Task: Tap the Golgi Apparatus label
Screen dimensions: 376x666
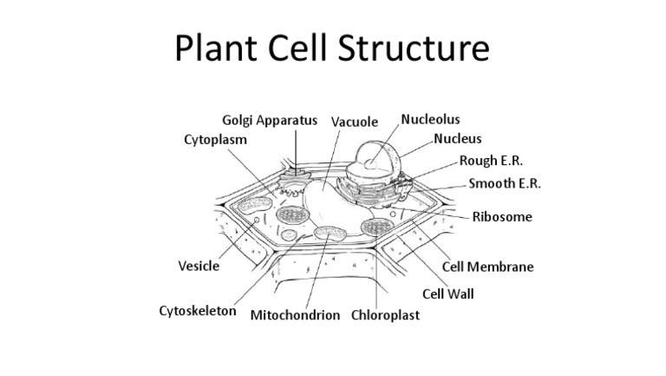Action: click(270, 121)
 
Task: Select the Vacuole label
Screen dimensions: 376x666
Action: click(356, 122)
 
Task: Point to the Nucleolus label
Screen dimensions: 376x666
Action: click(430, 119)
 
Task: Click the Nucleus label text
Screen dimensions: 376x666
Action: click(458, 139)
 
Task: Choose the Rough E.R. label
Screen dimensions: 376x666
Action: click(491, 162)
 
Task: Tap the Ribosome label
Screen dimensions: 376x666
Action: click(502, 217)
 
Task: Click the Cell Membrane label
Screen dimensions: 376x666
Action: click(487, 267)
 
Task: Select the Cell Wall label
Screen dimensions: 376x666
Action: click(447, 294)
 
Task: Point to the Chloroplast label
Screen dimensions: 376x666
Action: click(385, 315)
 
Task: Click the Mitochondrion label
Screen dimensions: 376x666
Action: click(295, 315)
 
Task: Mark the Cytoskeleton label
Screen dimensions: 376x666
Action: click(198, 310)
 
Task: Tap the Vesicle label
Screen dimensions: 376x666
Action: click(198, 267)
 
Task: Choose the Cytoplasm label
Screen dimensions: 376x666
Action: click(215, 139)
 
